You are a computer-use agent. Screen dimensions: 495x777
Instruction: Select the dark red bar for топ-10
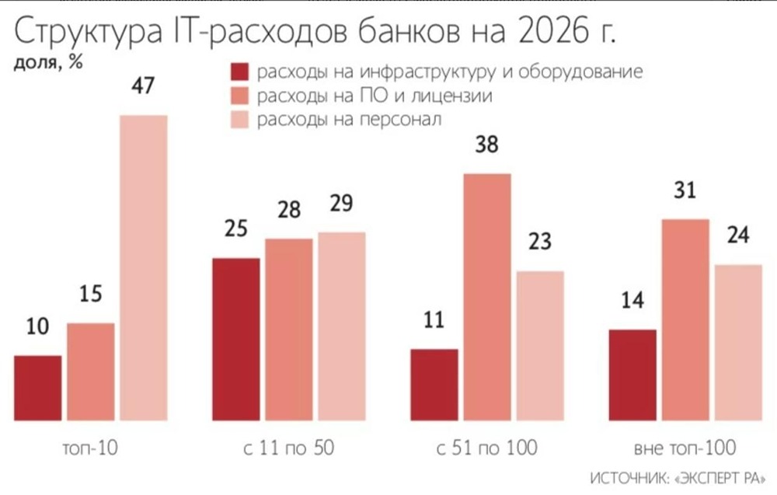tap(37, 389)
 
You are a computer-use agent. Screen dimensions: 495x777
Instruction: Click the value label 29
tap(341, 204)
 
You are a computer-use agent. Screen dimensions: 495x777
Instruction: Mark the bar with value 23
tap(540, 346)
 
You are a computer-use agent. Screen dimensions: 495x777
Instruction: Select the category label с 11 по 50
tap(288, 448)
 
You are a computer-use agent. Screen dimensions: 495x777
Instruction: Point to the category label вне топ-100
tap(685, 448)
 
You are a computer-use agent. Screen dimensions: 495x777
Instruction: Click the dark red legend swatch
tap(239, 72)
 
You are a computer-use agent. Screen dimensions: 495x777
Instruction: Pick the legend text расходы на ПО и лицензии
tap(375, 96)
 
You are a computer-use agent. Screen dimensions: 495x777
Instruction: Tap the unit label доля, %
tap(48, 64)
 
